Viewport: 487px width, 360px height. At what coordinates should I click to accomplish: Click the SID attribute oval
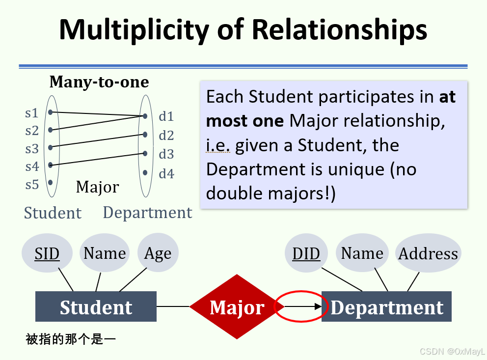coord(47,253)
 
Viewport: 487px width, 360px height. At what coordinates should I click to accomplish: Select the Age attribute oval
coord(158,253)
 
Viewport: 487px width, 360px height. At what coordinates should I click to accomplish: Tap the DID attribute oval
coord(306,253)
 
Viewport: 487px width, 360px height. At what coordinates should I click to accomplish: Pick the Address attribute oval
coord(428,253)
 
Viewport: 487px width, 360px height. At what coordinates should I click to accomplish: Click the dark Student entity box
coord(96,307)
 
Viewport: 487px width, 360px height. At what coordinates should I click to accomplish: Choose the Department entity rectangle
coord(387,307)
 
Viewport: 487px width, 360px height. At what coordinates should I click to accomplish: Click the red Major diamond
coord(237,307)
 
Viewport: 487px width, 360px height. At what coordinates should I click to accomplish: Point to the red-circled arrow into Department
coord(300,307)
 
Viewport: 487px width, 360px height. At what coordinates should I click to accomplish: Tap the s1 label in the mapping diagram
coord(31,113)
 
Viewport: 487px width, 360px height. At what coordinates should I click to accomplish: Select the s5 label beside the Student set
coord(31,184)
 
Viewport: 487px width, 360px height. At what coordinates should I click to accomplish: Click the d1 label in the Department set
coord(166,116)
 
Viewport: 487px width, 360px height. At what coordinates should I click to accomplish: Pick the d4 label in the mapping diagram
coord(166,174)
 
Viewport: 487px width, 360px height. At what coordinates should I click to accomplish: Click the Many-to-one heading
coord(99,82)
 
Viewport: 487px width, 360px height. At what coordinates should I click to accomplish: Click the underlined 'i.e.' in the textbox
coord(218,145)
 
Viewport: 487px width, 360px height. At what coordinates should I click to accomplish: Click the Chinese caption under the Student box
coord(71,339)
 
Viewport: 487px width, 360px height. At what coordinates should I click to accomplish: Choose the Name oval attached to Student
coord(105,253)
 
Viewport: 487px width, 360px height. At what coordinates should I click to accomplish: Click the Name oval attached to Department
coord(362,253)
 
